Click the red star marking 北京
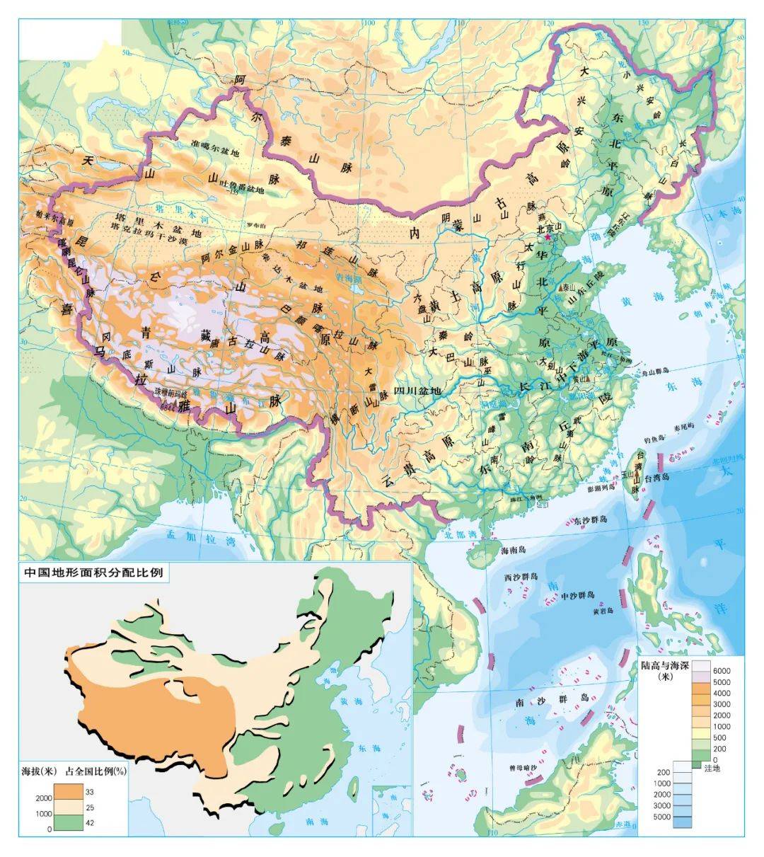[x=548, y=238]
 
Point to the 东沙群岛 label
[x=591, y=520]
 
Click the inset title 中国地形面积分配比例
[x=93, y=572]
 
